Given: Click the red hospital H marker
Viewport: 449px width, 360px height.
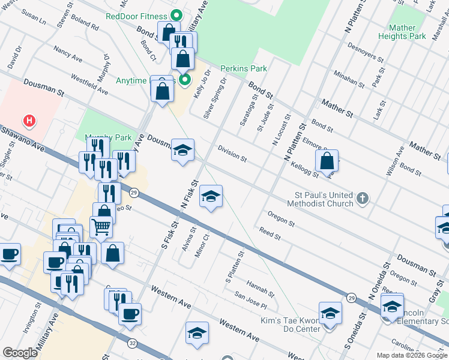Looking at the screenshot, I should (28, 121).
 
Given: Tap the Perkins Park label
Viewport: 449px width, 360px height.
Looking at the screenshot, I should (243, 68).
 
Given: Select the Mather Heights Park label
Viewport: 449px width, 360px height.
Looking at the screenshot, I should (402, 32).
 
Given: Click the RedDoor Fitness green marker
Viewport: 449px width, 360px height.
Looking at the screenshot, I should (176, 16).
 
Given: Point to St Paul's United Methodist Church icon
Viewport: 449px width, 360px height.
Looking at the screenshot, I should (362, 198).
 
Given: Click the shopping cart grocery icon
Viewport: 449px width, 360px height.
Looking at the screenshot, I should (100, 226).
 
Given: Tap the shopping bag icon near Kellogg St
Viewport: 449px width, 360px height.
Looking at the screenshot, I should (327, 161).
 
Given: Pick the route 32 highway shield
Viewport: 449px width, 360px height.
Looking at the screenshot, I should (131, 343).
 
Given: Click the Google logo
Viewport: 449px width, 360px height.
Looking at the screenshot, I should (20, 353).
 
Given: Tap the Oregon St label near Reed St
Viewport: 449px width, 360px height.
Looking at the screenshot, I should (282, 219).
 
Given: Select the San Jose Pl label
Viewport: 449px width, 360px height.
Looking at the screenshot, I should (250, 301).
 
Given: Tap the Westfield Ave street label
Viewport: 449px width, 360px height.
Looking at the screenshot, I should (89, 85).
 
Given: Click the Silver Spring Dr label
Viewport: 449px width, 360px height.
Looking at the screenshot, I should (215, 97).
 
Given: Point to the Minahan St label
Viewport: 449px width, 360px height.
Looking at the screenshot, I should (349, 77).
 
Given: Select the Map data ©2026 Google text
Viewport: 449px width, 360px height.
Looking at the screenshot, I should (412, 355).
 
